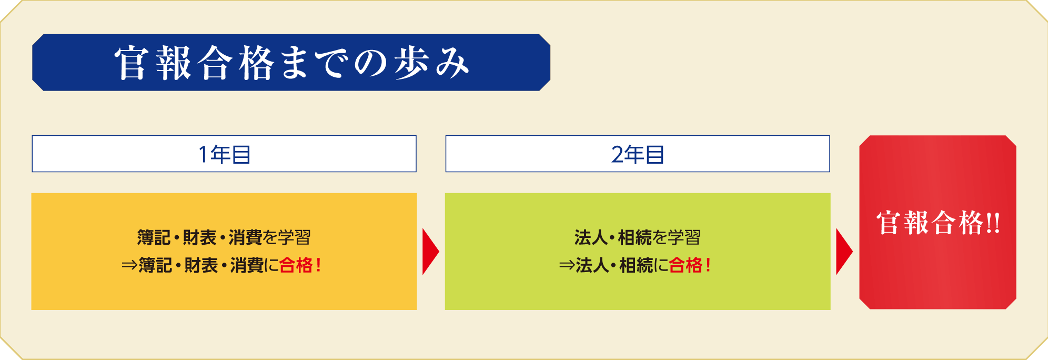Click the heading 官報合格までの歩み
[x=292, y=63]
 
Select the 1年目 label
[x=224, y=154]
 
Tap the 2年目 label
[x=638, y=154]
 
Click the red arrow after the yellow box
[x=430, y=252]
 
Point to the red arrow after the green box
[x=844, y=252]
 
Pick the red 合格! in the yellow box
[x=300, y=265]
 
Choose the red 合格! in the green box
[x=690, y=265]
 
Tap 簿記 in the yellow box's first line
[x=154, y=237]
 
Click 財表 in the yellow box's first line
[x=199, y=237]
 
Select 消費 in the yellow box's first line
[x=245, y=237]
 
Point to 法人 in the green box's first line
[x=591, y=237]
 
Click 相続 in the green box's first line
[x=635, y=237]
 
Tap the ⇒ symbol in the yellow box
[x=129, y=265]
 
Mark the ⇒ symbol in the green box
[x=567, y=265]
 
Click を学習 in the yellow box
[x=287, y=237]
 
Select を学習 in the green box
[x=677, y=237]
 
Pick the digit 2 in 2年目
[x=618, y=155]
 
